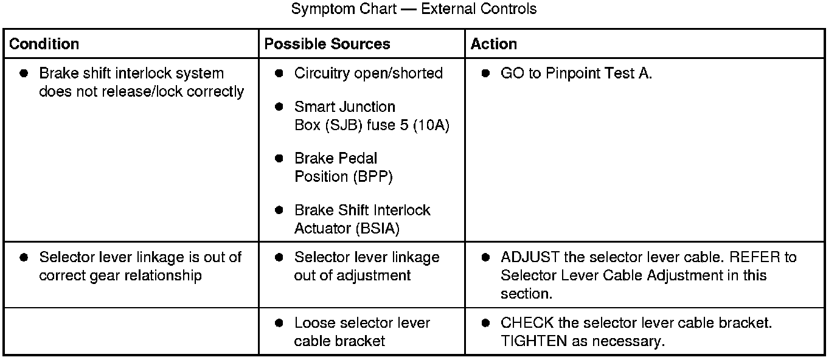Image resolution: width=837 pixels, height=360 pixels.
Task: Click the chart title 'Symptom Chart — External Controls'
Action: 414,9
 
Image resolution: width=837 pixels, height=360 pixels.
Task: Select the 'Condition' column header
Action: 44,44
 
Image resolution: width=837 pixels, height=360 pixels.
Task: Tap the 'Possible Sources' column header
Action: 327,44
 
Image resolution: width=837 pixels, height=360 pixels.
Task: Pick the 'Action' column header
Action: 493,44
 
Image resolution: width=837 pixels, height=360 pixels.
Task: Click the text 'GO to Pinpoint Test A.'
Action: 576,73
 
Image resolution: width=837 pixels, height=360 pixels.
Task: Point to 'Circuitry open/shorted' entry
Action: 369,73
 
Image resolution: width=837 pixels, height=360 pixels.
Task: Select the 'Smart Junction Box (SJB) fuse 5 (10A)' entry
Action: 372,116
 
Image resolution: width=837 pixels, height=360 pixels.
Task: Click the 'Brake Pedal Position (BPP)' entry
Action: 344,167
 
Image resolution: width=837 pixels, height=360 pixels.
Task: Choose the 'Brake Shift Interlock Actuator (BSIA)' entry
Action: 362,219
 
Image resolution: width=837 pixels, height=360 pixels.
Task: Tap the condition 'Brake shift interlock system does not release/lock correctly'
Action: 141,82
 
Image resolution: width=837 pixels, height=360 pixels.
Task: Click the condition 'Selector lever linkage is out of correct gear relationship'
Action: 140,266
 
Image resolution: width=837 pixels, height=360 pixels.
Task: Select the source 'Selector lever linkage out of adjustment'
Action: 367,266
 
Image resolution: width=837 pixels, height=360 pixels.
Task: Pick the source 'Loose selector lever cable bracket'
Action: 362,332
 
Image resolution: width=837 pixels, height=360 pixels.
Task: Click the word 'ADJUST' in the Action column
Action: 530,257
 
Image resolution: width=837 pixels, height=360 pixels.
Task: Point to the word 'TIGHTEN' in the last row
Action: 533,341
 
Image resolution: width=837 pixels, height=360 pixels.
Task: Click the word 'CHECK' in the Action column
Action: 527,323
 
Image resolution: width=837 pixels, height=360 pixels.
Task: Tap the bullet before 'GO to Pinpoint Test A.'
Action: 485,73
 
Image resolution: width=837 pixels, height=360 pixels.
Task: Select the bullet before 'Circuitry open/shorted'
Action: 279,73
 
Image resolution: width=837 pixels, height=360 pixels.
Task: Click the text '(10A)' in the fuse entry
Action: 431,125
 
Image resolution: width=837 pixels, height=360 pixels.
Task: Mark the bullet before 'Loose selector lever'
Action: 279,323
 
